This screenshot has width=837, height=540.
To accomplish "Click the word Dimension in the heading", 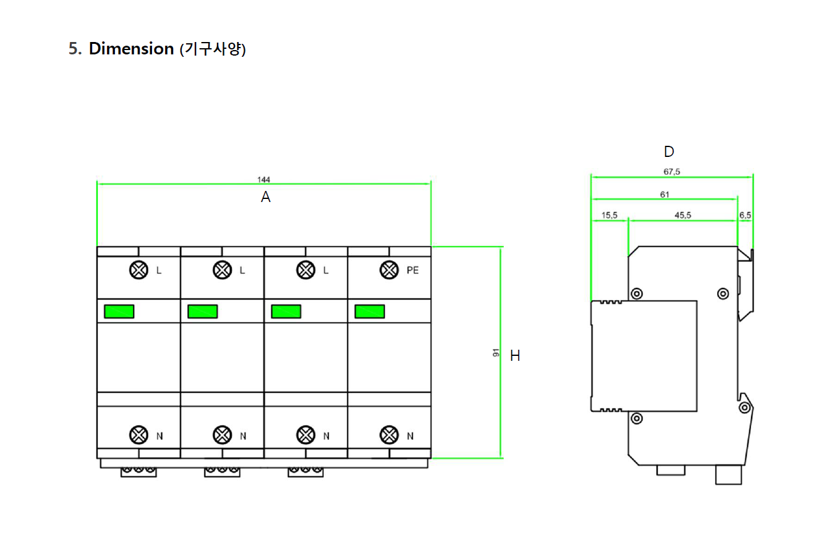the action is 131,49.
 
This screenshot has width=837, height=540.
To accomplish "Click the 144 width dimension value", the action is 263,180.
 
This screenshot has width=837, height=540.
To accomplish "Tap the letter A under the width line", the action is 266,197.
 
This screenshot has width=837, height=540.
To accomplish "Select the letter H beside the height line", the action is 515,355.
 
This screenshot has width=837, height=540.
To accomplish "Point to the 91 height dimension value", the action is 496,353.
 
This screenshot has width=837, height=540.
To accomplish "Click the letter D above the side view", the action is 669,151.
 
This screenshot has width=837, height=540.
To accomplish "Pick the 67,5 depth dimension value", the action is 671,172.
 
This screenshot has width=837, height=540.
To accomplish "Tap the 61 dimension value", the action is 665,195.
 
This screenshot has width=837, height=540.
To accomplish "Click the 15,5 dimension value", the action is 609,215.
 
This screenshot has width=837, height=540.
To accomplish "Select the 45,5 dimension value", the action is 682,215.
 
